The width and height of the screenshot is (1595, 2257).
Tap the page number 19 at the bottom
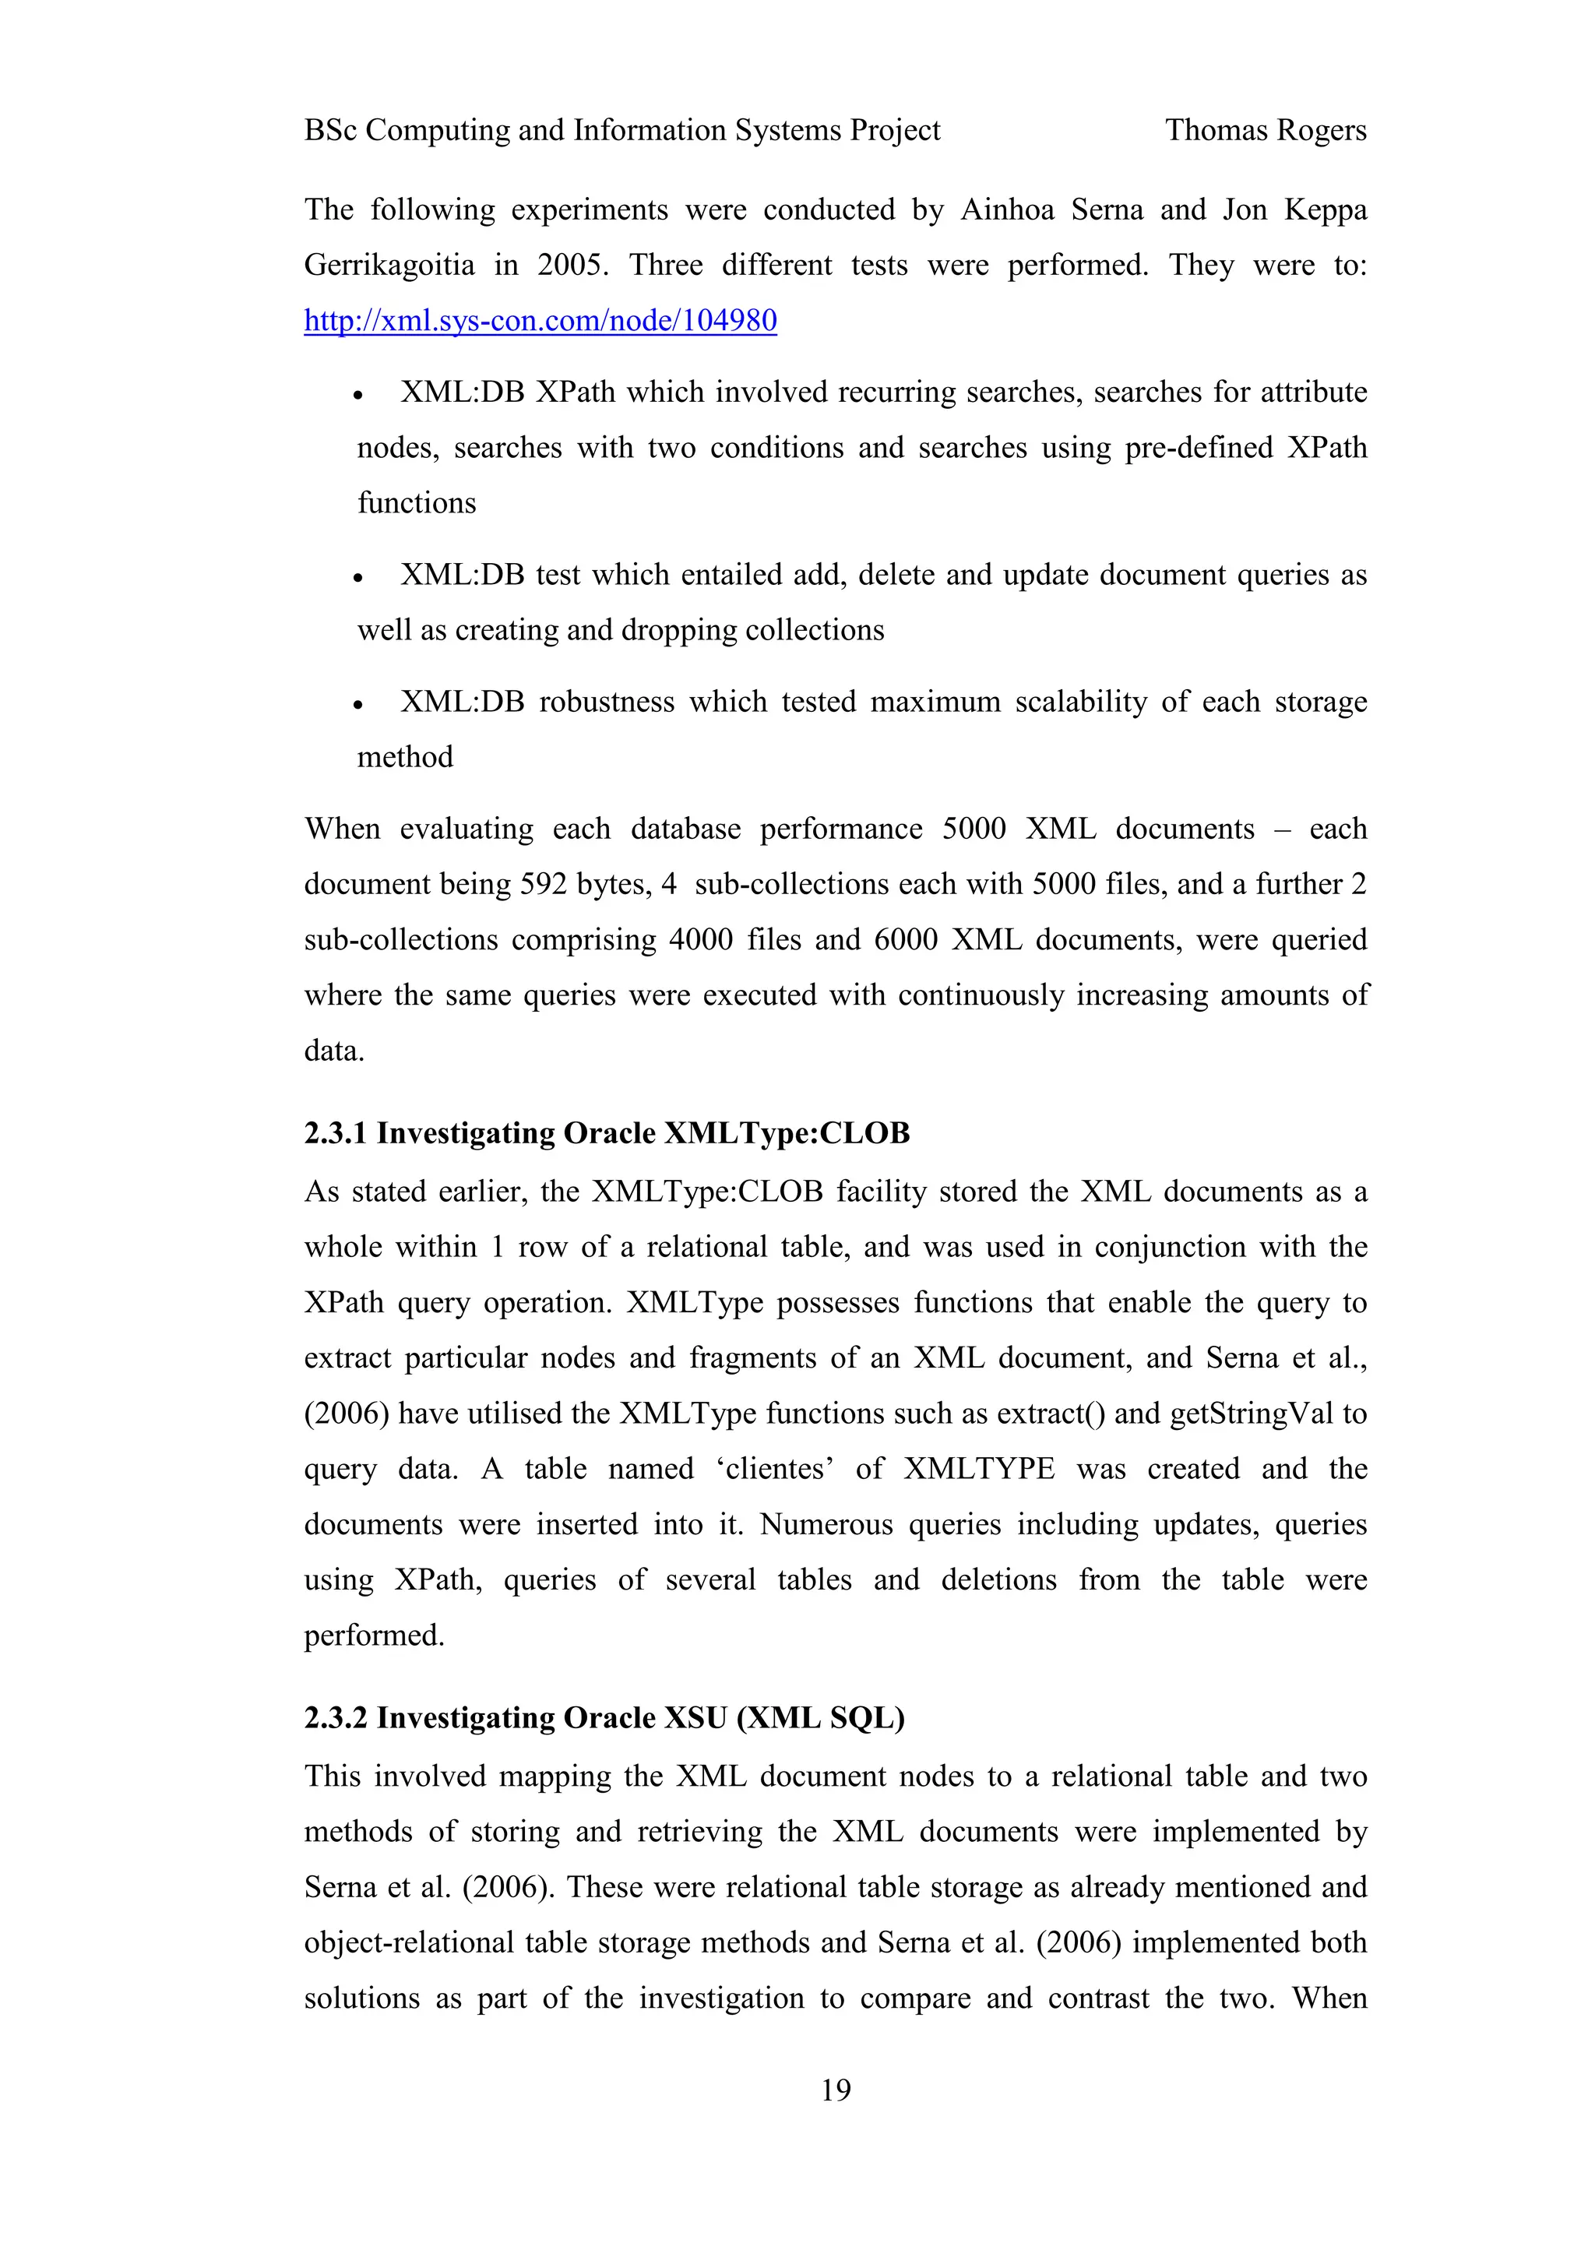(x=836, y=2089)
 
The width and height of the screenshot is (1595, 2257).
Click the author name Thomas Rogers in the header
(x=1265, y=130)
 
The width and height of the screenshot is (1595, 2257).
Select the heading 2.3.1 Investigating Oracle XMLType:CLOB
(x=607, y=1133)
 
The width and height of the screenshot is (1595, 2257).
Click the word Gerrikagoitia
(x=389, y=266)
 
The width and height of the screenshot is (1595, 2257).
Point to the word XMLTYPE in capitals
(x=979, y=1469)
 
